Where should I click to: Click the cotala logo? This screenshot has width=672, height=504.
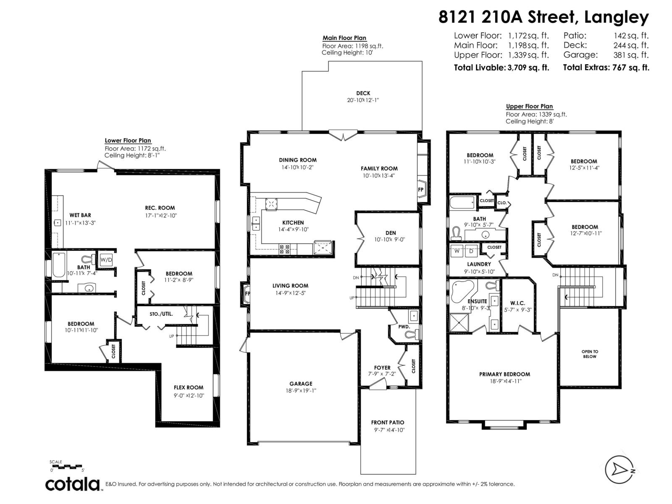(x=72, y=484)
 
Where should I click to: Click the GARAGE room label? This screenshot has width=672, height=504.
(x=301, y=383)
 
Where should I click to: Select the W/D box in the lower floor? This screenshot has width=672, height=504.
(x=106, y=260)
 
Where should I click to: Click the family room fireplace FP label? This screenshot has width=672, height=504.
(x=420, y=189)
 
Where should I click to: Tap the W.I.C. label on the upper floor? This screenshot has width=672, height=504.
(x=517, y=303)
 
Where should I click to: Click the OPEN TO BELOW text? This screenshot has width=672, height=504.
(x=590, y=354)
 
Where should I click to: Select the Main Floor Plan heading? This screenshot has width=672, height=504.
(x=344, y=38)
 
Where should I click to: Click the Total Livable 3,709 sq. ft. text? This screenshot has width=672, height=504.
(x=501, y=68)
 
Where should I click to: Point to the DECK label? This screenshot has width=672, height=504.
(x=363, y=93)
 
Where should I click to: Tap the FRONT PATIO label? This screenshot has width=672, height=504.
(x=388, y=423)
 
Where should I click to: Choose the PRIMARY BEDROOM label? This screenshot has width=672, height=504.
(x=504, y=374)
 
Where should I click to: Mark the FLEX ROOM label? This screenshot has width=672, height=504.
(x=189, y=388)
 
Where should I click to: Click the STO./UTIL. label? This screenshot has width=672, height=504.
(x=161, y=314)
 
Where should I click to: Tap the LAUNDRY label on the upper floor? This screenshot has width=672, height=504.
(x=479, y=264)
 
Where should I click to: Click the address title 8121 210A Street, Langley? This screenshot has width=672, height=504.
(x=543, y=17)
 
